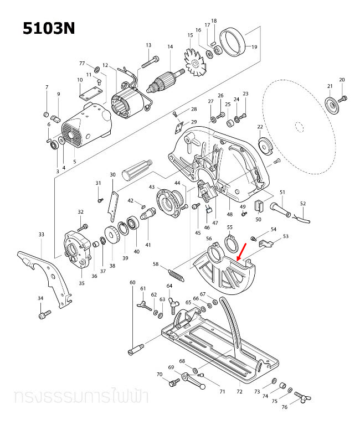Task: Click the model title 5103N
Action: (48, 29)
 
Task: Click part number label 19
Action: (254, 47)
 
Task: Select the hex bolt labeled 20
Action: (343, 99)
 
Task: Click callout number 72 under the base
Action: (239, 392)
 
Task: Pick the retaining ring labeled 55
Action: (230, 242)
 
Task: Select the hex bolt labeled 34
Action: (43, 315)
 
